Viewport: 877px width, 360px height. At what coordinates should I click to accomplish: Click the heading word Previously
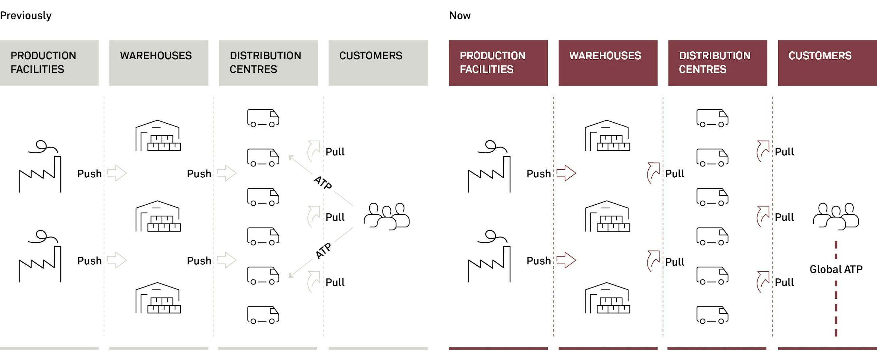pyautogui.click(x=26, y=16)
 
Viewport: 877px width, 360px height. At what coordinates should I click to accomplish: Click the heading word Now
pyautogui.click(x=460, y=16)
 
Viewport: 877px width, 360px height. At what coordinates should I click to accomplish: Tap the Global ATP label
pyautogui.click(x=836, y=269)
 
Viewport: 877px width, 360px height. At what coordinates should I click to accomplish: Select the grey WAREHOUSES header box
pyautogui.click(x=159, y=63)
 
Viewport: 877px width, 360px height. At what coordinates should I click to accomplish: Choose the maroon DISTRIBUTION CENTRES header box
pyautogui.click(x=717, y=63)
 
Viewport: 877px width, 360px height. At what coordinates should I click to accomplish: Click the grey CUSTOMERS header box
pyautogui.click(x=378, y=63)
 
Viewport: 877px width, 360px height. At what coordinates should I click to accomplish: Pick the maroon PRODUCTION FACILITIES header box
pyautogui.click(x=498, y=63)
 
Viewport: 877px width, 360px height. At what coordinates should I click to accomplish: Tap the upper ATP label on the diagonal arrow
pyautogui.click(x=322, y=183)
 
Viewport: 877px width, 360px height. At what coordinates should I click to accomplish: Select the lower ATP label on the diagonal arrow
pyautogui.click(x=323, y=251)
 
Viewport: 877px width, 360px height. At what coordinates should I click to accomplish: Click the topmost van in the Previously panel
pyautogui.click(x=263, y=118)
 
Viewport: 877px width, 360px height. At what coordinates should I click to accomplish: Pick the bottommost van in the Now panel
pyautogui.click(x=712, y=315)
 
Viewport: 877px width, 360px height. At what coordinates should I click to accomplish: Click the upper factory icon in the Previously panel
pyautogui.click(x=40, y=167)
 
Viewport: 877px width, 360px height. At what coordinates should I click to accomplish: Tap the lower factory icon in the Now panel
pyautogui.click(x=489, y=257)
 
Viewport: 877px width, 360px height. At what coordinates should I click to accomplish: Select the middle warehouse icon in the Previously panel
pyautogui.click(x=158, y=216)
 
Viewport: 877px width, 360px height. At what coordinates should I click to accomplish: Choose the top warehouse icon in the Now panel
pyautogui.click(x=607, y=136)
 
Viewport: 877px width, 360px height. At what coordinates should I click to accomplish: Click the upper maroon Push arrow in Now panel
pyautogui.click(x=566, y=173)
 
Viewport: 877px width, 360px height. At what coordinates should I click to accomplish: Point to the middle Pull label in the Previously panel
pyautogui.click(x=335, y=217)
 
